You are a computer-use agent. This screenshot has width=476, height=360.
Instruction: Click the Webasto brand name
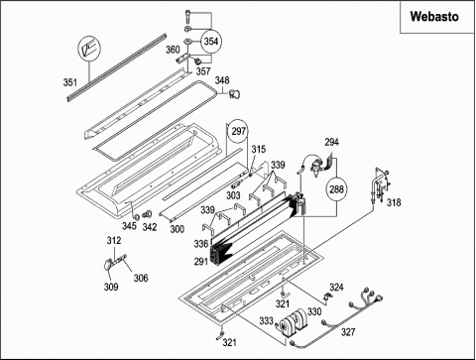434,16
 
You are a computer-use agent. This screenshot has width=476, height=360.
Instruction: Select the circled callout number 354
211,42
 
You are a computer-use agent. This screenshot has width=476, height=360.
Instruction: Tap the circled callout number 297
238,132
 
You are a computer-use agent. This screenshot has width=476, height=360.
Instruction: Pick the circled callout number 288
336,189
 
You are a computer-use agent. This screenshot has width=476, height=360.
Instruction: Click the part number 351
70,82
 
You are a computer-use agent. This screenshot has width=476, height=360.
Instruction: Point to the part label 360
173,50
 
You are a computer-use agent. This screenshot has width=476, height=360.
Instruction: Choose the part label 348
222,80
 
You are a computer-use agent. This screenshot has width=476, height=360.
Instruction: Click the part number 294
331,142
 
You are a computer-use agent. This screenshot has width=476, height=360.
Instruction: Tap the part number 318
394,202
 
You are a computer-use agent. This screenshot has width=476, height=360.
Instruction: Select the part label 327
348,332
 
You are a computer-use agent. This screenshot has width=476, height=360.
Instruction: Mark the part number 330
314,311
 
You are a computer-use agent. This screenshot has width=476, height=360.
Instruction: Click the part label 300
178,229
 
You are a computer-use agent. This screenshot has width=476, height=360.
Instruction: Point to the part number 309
111,287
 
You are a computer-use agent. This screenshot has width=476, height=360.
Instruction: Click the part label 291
201,262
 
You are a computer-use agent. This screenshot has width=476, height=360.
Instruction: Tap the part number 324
336,288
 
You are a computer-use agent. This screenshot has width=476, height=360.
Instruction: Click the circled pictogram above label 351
88,49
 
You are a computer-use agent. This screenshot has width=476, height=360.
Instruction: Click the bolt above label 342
147,214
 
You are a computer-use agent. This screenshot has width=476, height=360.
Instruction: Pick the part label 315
259,150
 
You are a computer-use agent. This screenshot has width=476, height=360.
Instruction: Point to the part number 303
233,195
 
